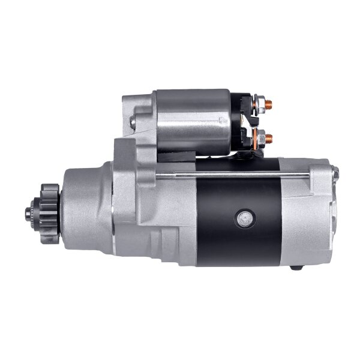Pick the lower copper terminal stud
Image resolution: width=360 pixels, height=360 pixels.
[x=268, y=138]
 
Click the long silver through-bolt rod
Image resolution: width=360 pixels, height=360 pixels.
[x=234, y=175]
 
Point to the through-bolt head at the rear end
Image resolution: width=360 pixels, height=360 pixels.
[x=335, y=174]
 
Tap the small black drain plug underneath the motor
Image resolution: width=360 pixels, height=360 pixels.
[x=295, y=267]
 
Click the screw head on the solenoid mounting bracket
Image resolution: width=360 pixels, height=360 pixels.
[x=133, y=122]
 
